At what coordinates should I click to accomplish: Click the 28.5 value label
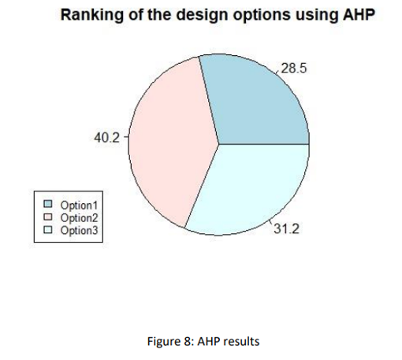[x=294, y=69]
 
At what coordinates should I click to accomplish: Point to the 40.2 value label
[x=106, y=137]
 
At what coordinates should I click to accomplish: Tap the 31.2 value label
[x=286, y=228]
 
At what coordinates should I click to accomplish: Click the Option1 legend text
[x=79, y=206]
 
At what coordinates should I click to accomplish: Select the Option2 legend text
[x=79, y=218]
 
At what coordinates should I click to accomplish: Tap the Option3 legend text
[x=79, y=231]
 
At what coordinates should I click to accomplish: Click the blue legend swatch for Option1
[x=48, y=204]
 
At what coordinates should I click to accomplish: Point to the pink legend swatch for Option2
[x=48, y=217]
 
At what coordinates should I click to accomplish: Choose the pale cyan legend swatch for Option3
[x=48, y=230]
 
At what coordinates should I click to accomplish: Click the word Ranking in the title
[x=92, y=15]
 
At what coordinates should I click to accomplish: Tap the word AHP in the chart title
[x=359, y=14]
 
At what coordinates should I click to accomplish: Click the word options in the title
[x=262, y=16]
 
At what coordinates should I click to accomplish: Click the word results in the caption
[x=244, y=342]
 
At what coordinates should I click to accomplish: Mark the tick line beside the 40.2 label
[x=126, y=137]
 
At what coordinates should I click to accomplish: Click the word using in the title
[x=317, y=16]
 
